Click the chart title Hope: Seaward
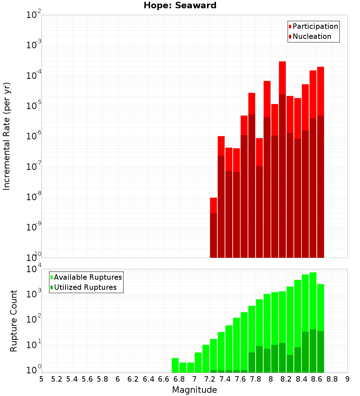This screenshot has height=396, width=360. [x=180, y=6]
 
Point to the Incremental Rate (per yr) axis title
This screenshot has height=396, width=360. [x=7, y=136]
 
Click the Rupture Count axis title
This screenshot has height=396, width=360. [x=14, y=320]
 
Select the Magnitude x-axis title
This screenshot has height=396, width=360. [x=194, y=390]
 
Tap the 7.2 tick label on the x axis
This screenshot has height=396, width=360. [x=210, y=379]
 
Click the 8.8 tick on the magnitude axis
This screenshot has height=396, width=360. [x=332, y=379]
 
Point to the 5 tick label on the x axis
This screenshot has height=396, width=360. [x=41, y=379]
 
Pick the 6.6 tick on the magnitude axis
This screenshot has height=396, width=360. [x=164, y=379]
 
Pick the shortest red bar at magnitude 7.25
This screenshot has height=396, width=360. [x=213, y=205]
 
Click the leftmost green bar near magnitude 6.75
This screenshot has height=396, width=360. [x=175, y=365]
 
